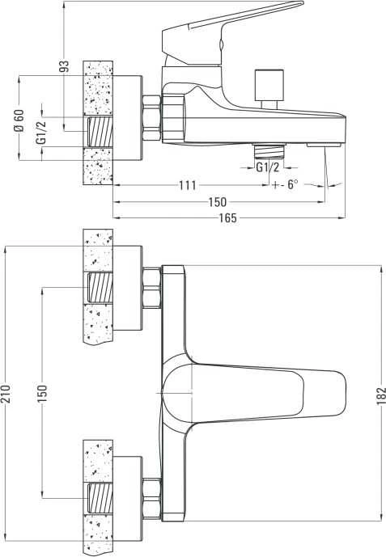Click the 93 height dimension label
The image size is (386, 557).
click(65, 66)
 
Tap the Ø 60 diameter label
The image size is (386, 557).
click(19, 120)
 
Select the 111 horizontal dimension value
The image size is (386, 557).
click(188, 185)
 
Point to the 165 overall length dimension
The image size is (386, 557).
click(228, 217)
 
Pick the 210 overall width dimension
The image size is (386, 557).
click(6, 393)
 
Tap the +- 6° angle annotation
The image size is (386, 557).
click(285, 184)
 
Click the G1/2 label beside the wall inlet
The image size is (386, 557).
click(41, 133)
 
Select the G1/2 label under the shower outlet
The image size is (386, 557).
click(268, 167)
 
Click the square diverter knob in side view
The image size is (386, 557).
click(269, 85)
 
